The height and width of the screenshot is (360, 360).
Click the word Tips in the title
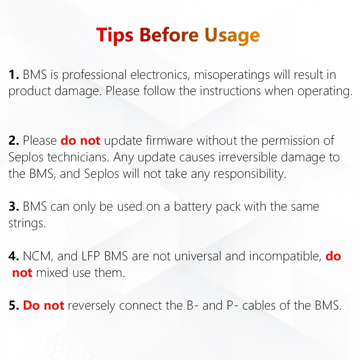point(114,35)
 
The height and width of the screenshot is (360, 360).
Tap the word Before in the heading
point(169,35)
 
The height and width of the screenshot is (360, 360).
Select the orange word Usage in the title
point(232,36)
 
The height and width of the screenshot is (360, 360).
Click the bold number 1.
point(14,75)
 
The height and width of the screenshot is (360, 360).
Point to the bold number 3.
point(14,206)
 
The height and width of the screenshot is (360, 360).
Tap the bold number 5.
point(14,305)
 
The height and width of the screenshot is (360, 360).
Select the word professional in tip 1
point(94,75)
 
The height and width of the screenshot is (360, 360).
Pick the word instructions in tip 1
point(230,91)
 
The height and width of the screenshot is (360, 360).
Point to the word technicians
point(78,157)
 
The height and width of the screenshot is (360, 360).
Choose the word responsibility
point(250,174)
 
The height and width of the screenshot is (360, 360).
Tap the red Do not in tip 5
point(44,305)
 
